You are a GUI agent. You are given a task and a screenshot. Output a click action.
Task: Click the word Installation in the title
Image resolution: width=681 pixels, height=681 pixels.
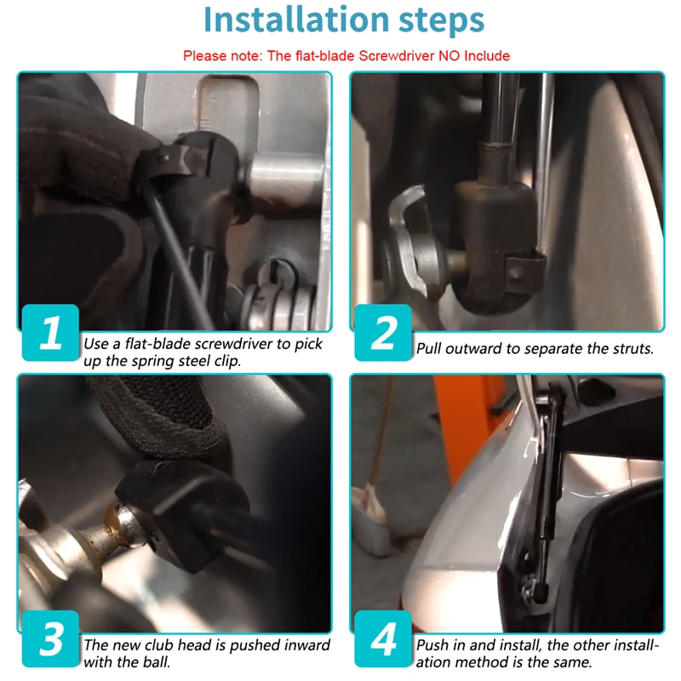[296, 20]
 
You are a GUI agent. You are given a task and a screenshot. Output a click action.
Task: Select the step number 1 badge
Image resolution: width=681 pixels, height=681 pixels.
[50, 332]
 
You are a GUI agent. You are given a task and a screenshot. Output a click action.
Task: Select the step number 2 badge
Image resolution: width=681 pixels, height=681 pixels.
[383, 332]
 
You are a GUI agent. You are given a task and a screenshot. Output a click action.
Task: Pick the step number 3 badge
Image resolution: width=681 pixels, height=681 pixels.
[50, 638]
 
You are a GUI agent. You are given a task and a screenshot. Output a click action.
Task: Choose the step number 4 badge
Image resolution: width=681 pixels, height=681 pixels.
[383, 638]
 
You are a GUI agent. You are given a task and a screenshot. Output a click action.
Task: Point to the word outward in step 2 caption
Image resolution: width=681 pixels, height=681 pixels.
[474, 348]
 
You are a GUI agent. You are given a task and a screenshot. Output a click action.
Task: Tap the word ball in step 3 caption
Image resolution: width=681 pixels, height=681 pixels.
[157, 662]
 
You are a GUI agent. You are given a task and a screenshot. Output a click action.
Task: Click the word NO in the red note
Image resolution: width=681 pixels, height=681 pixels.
[449, 55]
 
